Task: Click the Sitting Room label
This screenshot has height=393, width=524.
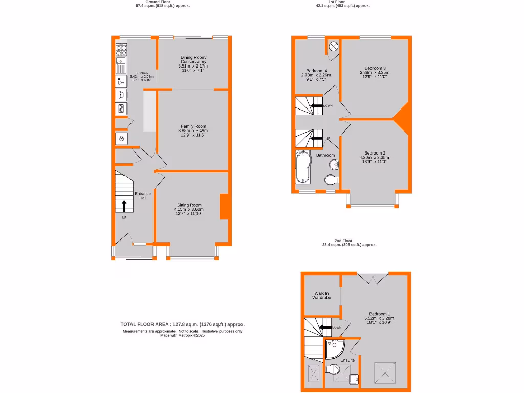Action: click(x=189, y=205)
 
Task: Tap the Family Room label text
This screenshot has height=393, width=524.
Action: click(x=193, y=126)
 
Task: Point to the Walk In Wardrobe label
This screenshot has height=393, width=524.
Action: click(x=322, y=295)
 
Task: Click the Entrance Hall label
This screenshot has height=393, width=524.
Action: click(x=143, y=195)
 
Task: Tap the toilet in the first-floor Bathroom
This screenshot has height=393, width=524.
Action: click(x=332, y=180)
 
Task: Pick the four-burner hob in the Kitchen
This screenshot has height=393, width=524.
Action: click(x=121, y=50)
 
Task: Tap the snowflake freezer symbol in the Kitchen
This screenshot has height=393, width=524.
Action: click(x=121, y=139)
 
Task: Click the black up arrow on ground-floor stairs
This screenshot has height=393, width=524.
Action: click(x=124, y=206)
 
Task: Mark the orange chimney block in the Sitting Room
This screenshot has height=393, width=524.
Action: click(x=224, y=207)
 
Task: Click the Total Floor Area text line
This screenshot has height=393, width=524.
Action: click(x=182, y=324)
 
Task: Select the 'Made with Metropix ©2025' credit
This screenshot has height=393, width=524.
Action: click(x=182, y=335)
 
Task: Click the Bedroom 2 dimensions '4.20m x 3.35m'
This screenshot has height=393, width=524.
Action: click(x=375, y=158)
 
